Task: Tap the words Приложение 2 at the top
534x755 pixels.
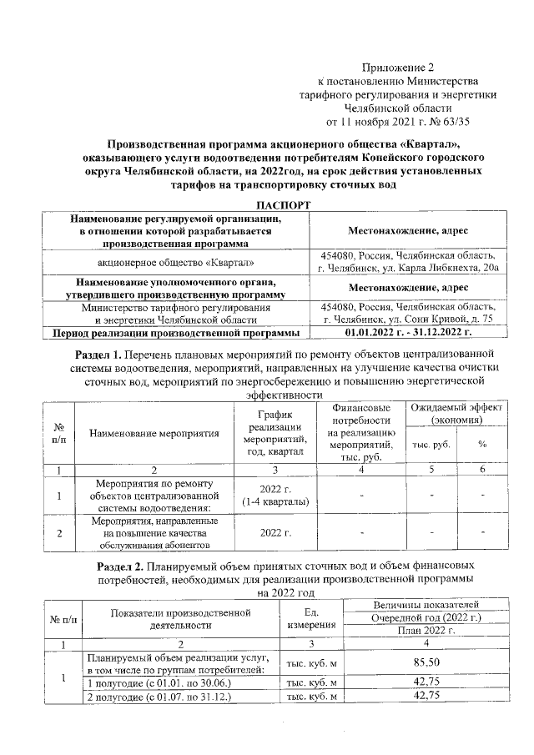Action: pos(398,67)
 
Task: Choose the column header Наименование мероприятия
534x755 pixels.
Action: pos(154,433)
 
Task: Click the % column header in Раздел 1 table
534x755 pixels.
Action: pos(481,444)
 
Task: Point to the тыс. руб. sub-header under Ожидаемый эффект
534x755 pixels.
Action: pos(431,444)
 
